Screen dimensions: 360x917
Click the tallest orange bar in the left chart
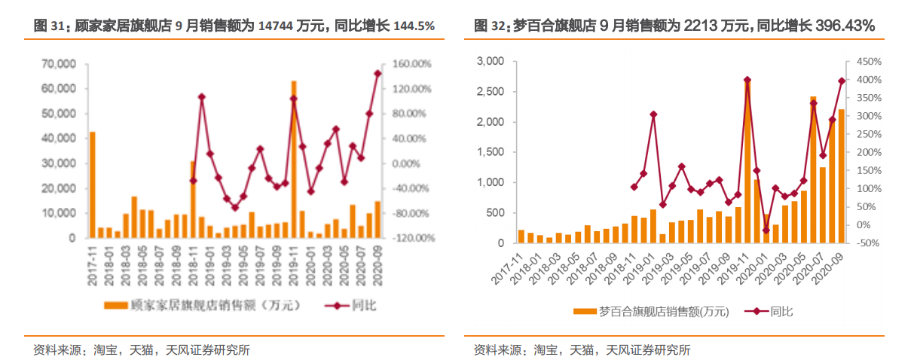(294, 160)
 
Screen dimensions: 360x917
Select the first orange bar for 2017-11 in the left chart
(93, 185)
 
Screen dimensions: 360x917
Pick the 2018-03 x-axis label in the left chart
(126, 265)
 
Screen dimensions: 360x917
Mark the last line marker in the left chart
(377, 73)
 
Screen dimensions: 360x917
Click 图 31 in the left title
(50, 26)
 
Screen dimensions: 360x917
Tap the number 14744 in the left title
(275, 26)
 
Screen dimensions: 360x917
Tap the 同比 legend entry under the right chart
(781, 311)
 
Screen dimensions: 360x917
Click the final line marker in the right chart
(842, 81)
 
